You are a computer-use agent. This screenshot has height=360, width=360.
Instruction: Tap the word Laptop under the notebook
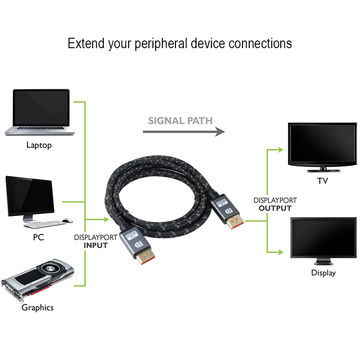click(40, 145)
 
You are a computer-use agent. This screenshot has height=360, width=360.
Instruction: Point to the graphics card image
click(40, 283)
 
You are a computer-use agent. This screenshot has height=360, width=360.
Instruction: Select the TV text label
click(322, 182)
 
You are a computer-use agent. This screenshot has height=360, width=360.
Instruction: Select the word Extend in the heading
click(87, 44)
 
